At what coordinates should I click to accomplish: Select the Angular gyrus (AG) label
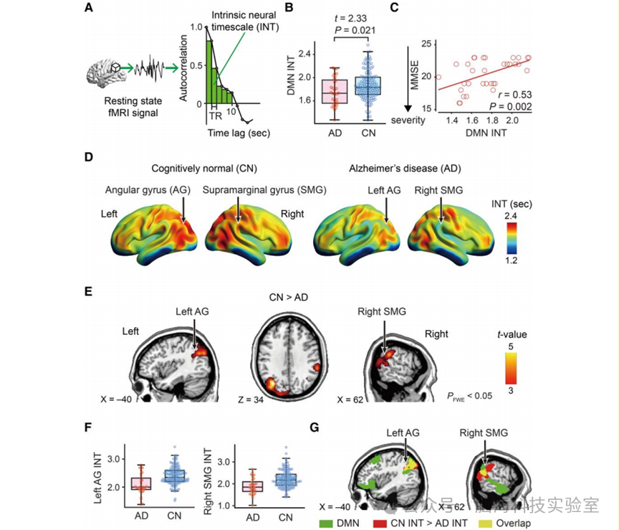click(x=147, y=190)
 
